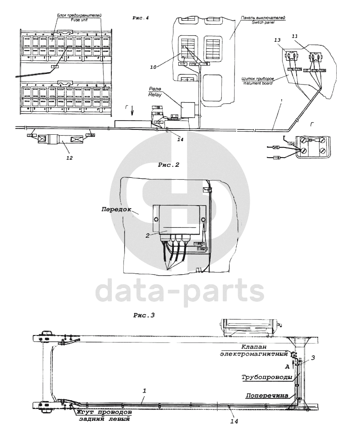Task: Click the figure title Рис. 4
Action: [141, 18]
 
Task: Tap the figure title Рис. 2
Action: [168, 166]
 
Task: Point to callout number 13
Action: [277, 40]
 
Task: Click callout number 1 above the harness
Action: [144, 390]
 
